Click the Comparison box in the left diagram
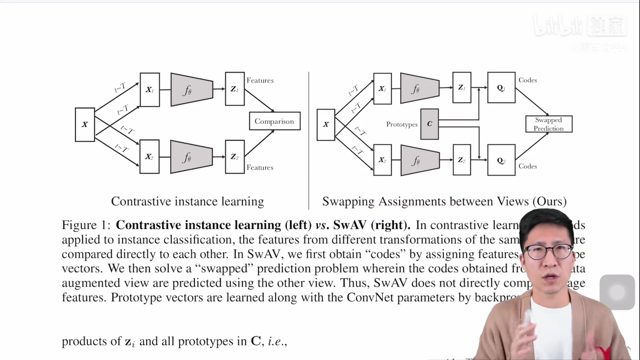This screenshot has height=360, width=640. [x=275, y=121]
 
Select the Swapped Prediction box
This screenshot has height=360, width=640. [x=549, y=124]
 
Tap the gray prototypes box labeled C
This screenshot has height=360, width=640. [x=429, y=124]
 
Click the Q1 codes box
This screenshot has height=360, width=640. [x=501, y=88]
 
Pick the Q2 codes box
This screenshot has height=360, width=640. [x=501, y=160]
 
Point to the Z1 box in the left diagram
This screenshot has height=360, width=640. [x=235, y=89]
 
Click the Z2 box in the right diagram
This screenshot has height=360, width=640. [x=462, y=160]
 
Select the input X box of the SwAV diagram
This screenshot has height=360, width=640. [x=326, y=125]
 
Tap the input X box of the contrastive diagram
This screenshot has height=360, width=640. [x=85, y=125]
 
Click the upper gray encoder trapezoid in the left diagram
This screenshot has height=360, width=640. [x=191, y=90]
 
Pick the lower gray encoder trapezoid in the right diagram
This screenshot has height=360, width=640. [x=420, y=160]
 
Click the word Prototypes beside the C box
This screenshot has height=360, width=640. [x=402, y=124]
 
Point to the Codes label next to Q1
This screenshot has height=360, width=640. [x=528, y=80]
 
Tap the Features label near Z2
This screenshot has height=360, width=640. [x=260, y=167]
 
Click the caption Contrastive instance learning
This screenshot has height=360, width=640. [x=187, y=201]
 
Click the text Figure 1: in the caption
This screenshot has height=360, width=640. [x=86, y=225]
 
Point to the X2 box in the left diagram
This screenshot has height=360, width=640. [x=149, y=157]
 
